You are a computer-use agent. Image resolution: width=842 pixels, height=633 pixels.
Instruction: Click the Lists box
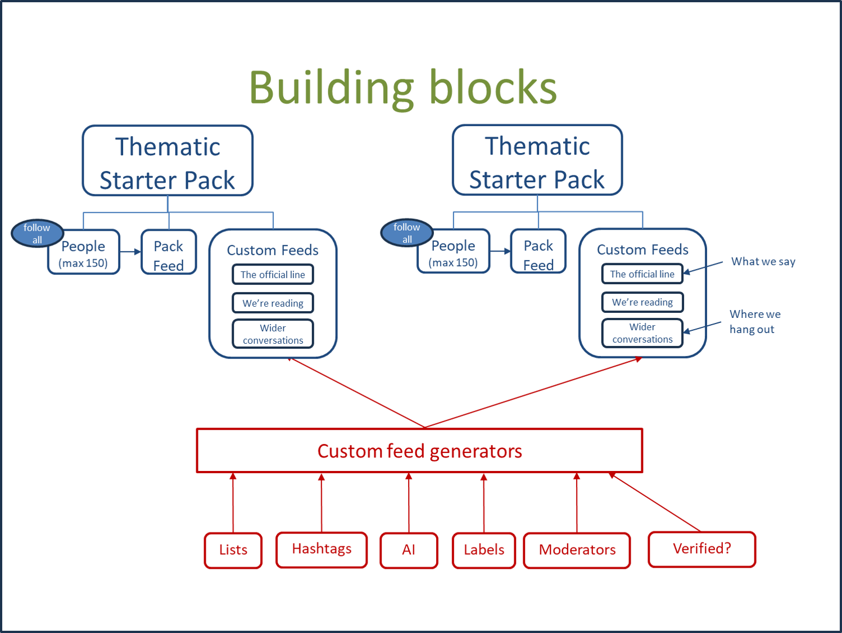point(233,550)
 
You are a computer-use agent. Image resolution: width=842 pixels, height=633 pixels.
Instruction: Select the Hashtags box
point(322,549)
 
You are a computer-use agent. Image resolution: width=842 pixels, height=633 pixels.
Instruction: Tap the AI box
point(409,550)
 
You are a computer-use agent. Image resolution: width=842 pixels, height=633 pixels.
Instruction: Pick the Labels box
point(484,550)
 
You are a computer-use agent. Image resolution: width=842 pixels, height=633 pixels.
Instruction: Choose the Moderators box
point(577,550)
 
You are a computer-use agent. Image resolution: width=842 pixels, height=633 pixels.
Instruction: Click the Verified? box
point(702,549)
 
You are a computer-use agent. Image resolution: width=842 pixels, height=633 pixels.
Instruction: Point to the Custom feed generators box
point(420,451)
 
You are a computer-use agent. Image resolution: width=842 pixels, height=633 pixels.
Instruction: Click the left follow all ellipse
point(37,234)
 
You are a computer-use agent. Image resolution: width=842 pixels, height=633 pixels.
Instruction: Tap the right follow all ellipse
point(407,232)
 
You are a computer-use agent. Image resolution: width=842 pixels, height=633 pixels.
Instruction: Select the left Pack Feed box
point(169,252)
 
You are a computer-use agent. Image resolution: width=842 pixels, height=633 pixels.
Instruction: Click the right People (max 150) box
point(454,251)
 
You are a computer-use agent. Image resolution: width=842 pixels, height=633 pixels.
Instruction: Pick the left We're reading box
point(273,303)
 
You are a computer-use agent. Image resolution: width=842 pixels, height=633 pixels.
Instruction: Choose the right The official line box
point(642,273)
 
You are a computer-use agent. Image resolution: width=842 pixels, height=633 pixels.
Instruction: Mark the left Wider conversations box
point(273,334)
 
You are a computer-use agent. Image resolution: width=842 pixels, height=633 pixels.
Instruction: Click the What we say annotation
point(763,262)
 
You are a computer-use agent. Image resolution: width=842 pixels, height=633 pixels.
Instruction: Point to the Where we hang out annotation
point(755,322)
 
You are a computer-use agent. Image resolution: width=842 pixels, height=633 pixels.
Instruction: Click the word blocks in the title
point(494,87)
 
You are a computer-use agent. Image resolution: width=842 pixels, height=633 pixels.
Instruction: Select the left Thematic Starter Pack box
point(168,160)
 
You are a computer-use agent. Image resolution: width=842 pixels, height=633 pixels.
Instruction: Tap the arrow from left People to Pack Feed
point(130,252)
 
